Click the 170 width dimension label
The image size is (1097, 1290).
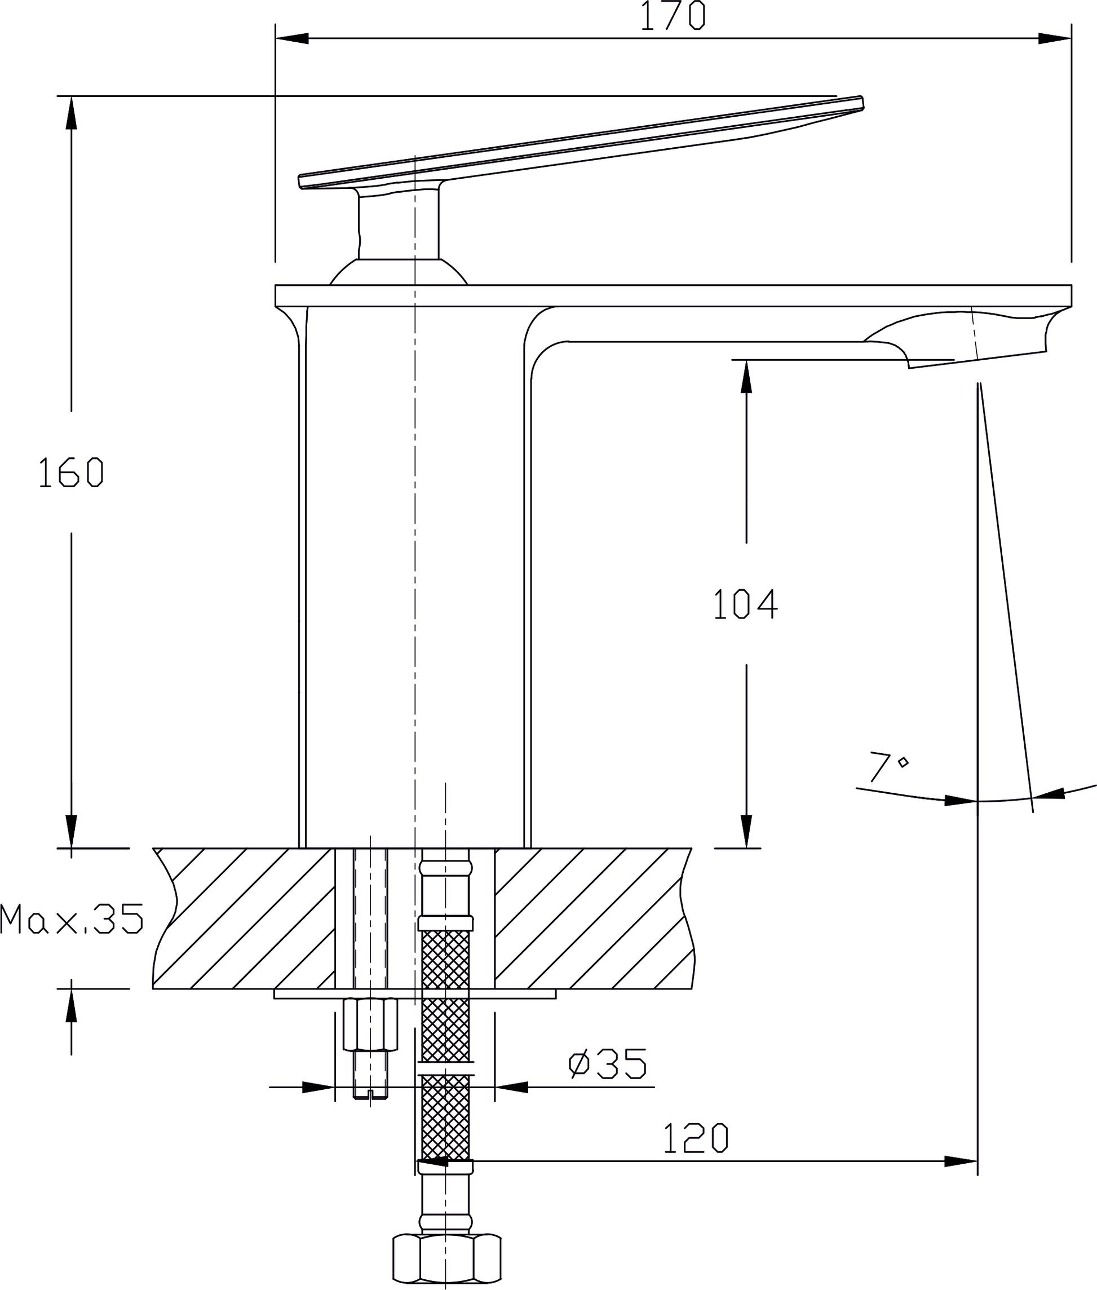[x=674, y=16]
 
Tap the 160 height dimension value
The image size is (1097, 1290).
[x=71, y=472]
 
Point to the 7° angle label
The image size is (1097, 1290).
[x=888, y=767]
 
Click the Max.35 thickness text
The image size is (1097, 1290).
[x=72, y=920]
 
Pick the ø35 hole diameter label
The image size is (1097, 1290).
[x=608, y=1063]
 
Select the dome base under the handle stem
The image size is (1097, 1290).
[x=398, y=272]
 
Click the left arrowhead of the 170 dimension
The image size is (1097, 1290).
[x=292, y=38]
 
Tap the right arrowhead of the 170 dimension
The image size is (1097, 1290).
[x=1055, y=38]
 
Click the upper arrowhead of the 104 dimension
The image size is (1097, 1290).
[x=746, y=376]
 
